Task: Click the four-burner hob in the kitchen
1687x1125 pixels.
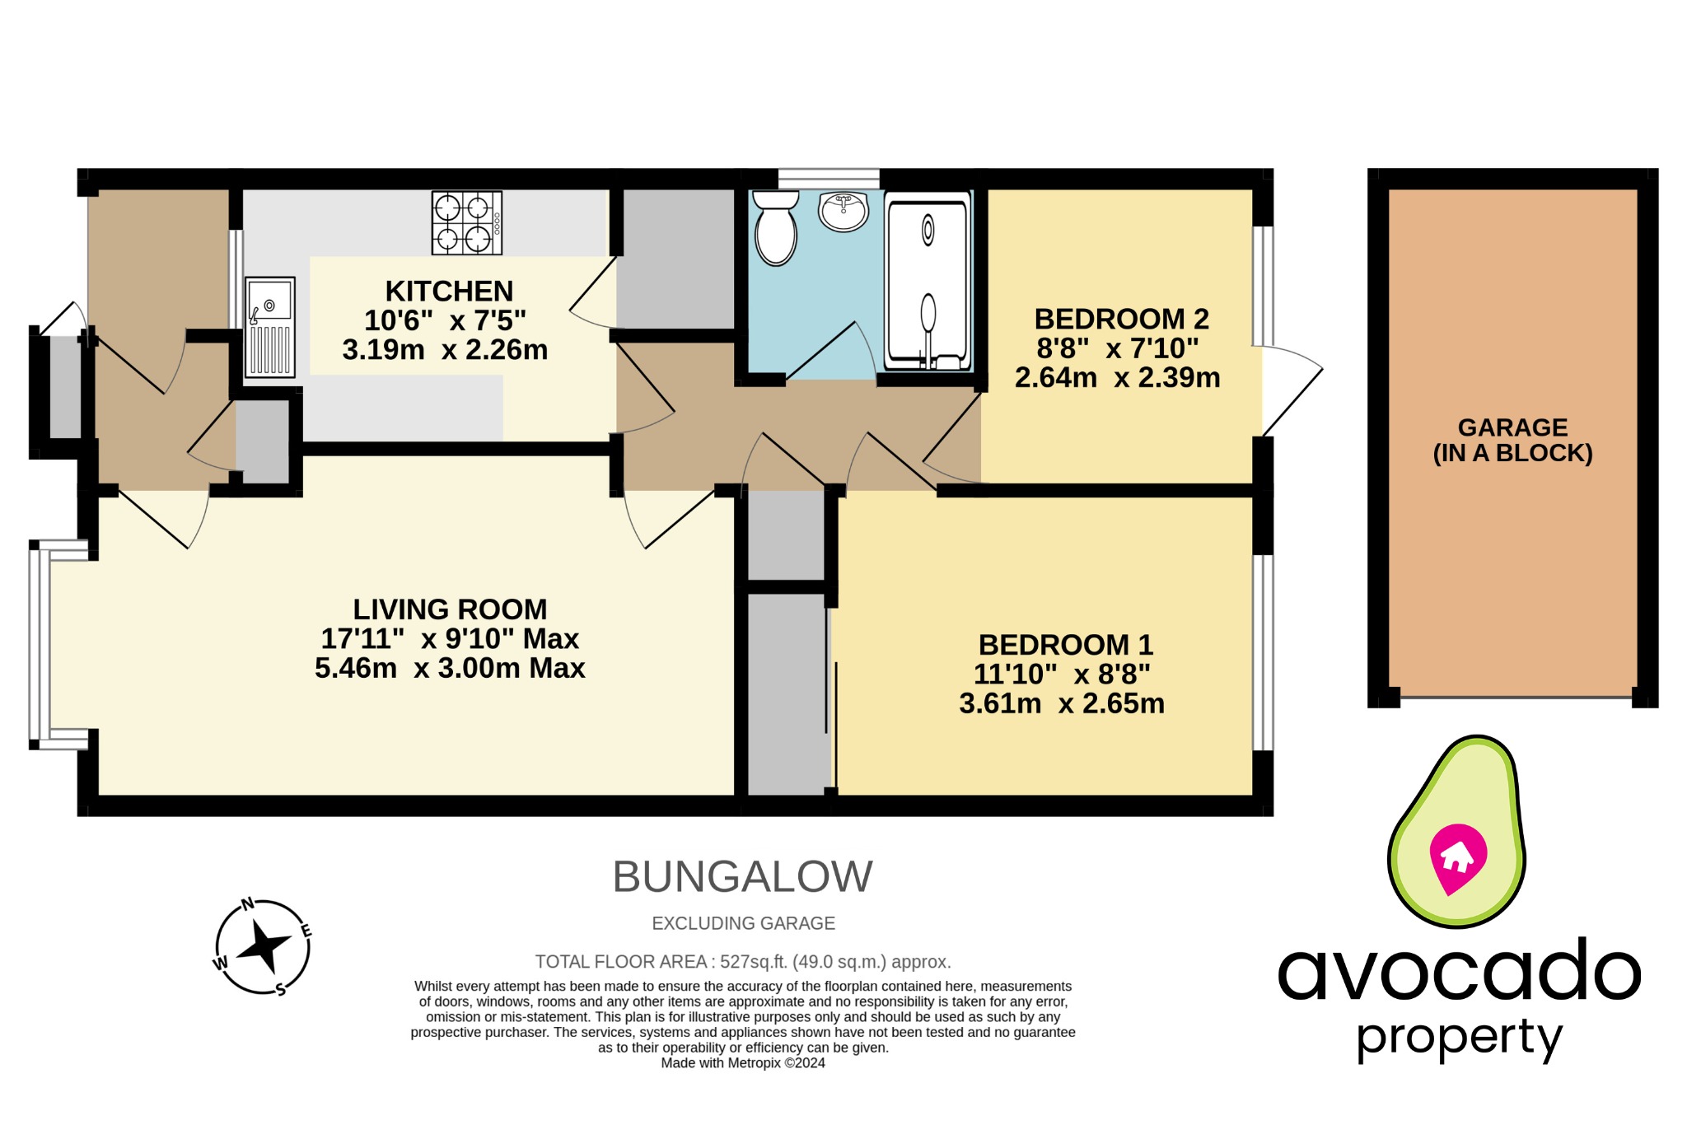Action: (466, 223)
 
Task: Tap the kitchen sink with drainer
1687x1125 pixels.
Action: (269, 327)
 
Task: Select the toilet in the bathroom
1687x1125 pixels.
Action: (775, 228)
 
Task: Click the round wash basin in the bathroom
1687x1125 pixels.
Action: (843, 211)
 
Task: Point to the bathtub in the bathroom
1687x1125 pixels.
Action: (928, 281)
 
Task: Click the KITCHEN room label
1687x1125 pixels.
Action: (449, 292)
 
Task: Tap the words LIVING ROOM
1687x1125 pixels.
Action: (450, 609)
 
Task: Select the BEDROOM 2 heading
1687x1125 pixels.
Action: (1121, 319)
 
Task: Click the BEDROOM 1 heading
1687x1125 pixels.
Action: (1065, 644)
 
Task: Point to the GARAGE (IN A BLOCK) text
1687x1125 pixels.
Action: (1512, 440)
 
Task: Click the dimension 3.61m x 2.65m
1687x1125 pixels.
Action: (1062, 703)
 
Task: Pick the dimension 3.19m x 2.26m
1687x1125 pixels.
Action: (445, 350)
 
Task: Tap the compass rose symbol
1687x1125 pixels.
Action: (263, 947)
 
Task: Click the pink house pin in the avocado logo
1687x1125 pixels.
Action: (1457, 857)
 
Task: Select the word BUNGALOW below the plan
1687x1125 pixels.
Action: (742, 876)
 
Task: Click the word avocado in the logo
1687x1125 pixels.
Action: (1458, 972)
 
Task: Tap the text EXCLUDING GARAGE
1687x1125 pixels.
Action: (743, 923)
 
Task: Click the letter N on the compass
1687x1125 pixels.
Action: (247, 905)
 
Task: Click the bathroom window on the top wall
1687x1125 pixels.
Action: (829, 178)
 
